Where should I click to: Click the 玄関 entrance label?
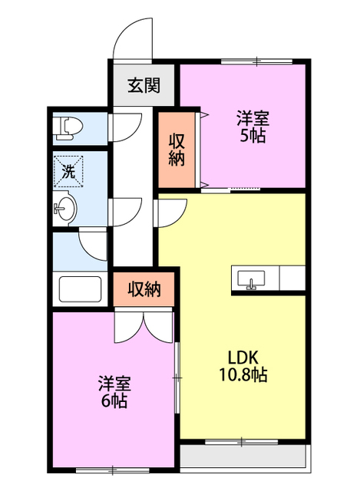[x=144, y=85]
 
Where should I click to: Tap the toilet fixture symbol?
[x=68, y=128]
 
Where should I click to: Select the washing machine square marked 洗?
[x=68, y=172]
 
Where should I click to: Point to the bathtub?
[x=80, y=289]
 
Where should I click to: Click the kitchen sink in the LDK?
[x=251, y=278]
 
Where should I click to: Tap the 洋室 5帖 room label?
[x=253, y=127]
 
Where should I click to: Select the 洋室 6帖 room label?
[x=114, y=392]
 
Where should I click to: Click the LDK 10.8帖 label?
[x=243, y=366]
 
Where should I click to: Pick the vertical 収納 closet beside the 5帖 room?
[x=177, y=150]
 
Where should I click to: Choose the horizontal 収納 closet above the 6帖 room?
[x=144, y=289]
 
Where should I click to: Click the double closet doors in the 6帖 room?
[x=144, y=325]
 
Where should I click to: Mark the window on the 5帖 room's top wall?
[x=256, y=61]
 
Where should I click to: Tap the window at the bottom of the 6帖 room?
[x=113, y=470]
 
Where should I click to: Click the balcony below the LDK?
[x=243, y=456]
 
